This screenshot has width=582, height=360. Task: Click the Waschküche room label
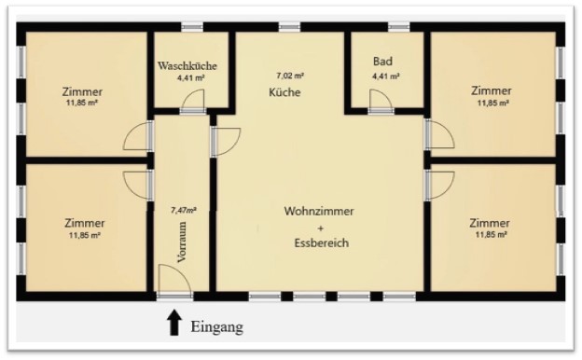coord(187,66)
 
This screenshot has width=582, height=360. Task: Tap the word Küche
coord(284,92)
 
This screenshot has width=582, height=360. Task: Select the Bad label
coord(382,62)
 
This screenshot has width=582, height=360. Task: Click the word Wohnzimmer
coord(319,211)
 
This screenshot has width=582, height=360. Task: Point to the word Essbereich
coord(322,242)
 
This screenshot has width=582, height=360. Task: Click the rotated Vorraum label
coord(182,242)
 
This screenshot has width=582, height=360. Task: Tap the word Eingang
coord(217,327)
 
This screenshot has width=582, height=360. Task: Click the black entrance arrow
coord(174,323)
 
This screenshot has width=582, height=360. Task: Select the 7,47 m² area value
coord(184,211)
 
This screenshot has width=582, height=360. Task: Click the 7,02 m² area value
coord(290,76)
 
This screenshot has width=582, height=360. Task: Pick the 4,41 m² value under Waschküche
coord(191,78)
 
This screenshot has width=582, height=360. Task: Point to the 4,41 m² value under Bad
coord(386,76)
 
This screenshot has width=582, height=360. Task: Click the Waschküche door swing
coord(194,100)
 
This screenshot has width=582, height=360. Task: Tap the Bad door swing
coord(381,100)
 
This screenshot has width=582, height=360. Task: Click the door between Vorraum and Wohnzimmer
coord(226,142)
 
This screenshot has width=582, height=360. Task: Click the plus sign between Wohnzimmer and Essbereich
coord(322,228)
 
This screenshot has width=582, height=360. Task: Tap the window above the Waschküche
coord(192,27)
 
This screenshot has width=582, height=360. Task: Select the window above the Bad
coord(398,27)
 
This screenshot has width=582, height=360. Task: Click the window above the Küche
coord(290,27)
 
